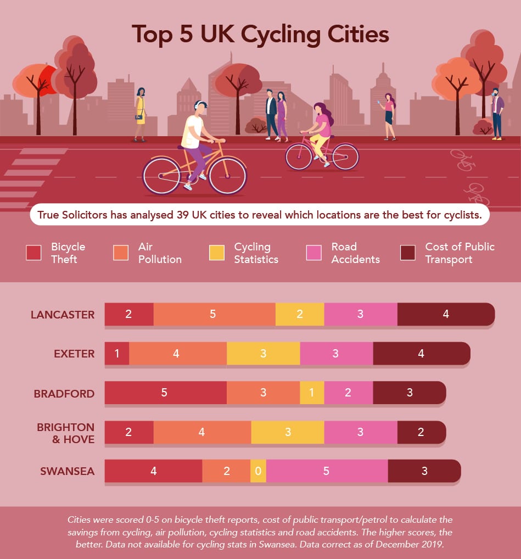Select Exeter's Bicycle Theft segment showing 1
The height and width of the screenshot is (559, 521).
coord(117,354)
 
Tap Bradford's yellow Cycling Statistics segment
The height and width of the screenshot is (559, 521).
coord(312,393)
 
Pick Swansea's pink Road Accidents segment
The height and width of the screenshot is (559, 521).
coord(327,472)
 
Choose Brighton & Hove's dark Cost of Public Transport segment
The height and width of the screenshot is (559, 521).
coord(421,432)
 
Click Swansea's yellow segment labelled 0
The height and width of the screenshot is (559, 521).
coord(258,472)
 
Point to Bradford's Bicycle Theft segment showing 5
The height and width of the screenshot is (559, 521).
coord(165,393)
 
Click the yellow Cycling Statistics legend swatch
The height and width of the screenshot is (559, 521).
coord(216,253)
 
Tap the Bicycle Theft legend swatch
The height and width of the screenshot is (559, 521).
coord(33,253)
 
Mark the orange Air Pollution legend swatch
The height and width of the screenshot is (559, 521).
coord(121,253)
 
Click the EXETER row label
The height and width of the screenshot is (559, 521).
coord(74,354)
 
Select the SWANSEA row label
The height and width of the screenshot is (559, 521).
coord(67,472)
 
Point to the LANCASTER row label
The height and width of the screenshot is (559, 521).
coord(63,315)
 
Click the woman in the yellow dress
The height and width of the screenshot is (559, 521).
coord(141,113)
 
